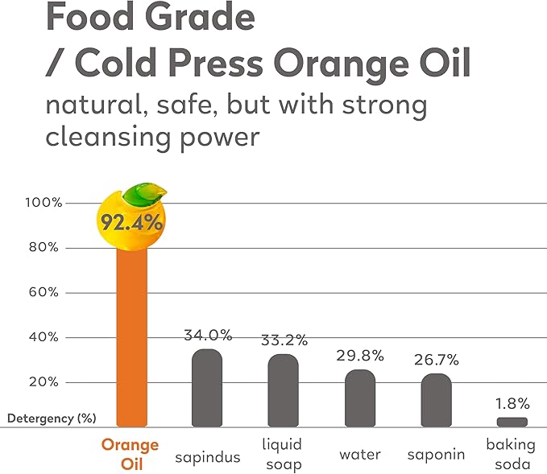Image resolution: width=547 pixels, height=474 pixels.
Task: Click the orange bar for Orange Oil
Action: tap(132, 338)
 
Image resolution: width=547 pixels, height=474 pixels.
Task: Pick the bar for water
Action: tap(360, 398)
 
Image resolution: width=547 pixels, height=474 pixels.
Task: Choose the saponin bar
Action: tap(437, 400)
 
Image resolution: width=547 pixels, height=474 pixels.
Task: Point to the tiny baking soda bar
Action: tap(512, 422)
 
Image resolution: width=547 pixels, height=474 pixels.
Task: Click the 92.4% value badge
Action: tap(131, 221)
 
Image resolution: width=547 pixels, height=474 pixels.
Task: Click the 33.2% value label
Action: tap(284, 340)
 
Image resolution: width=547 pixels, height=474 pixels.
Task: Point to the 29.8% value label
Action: tap(360, 356)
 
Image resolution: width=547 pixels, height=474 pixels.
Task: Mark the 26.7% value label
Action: tap(437, 360)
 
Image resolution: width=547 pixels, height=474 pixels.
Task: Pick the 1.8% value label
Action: tap(512, 403)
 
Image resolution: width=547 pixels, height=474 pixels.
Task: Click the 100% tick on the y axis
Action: tap(43, 202)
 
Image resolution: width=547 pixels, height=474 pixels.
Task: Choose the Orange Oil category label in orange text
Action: tap(130, 454)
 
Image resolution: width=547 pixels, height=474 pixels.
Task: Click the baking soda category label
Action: tap(508, 454)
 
